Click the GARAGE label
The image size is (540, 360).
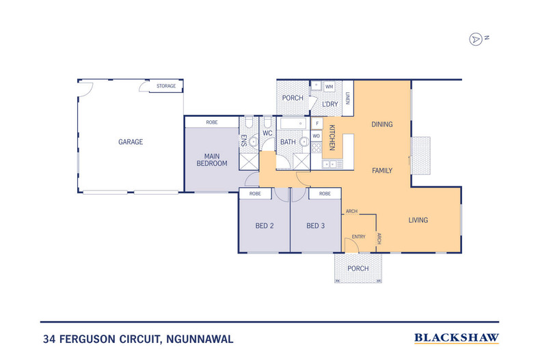tap(131, 142)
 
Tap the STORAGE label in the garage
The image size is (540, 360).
tap(166, 86)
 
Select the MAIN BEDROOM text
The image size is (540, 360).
tap(212, 160)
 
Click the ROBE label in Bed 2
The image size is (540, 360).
tap(255, 194)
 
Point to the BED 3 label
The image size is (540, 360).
tap(315, 226)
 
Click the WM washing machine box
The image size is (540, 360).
tap(329, 87)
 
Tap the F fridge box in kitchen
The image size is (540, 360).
tap(316, 123)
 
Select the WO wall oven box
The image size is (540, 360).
tap(316, 136)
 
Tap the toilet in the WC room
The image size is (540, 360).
tap(267, 124)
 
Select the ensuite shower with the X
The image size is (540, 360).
tap(247, 161)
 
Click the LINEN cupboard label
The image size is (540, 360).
tap(347, 98)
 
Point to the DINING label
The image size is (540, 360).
tap(381, 124)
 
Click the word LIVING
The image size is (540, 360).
tap(418, 220)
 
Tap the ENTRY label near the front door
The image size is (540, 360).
tap(358, 237)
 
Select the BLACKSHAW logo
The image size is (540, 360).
tap(457, 337)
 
